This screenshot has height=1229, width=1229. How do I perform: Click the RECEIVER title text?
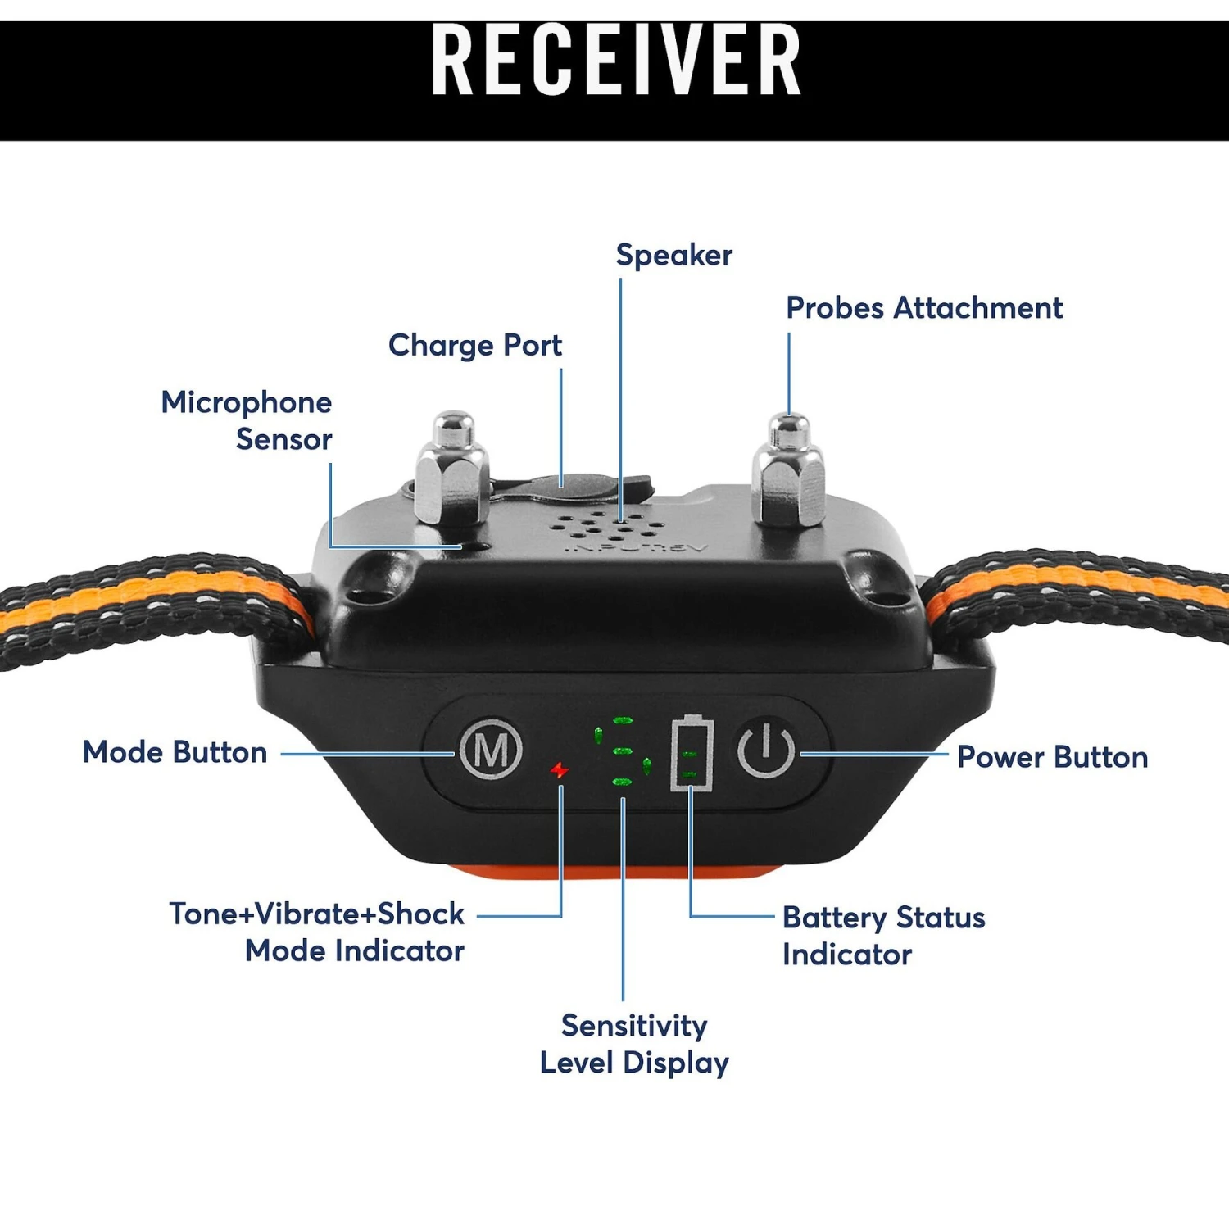615,61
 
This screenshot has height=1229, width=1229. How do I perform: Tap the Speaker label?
673,256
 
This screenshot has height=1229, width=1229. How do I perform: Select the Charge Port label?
475,346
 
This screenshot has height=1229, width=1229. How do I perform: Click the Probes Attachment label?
924,309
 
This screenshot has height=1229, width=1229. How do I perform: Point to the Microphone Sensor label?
247,420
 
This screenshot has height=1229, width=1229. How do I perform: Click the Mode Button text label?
175,752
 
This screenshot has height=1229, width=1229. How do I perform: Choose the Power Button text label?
1053,757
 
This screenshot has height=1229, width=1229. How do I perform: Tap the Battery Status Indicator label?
883,936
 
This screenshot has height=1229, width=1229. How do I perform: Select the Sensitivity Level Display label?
634,1044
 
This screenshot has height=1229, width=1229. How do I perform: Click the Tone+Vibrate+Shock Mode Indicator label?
318,932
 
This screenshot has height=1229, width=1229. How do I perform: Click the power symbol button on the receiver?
765,750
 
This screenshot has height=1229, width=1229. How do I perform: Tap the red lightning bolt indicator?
560,770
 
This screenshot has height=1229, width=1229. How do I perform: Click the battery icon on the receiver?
692,753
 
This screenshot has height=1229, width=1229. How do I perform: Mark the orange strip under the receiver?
610,871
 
